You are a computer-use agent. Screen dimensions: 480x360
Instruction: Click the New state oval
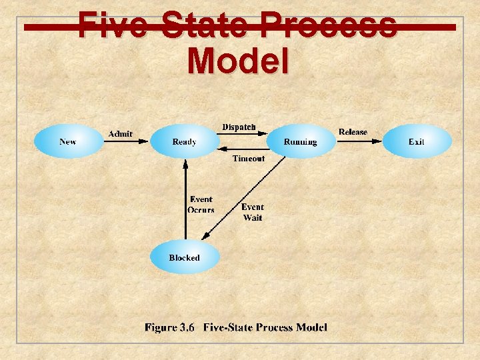coord(67,141)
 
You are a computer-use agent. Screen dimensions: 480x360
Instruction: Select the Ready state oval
coord(185,141)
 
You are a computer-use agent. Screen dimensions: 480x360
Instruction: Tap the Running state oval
coord(300,141)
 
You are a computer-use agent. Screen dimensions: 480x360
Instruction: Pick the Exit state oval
coord(417,141)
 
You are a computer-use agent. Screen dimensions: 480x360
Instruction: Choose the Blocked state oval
coord(184,258)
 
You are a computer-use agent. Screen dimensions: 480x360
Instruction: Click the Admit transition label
coord(121,134)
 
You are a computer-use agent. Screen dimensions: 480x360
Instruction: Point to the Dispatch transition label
coord(239,127)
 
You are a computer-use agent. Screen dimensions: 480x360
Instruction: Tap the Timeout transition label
coord(248,159)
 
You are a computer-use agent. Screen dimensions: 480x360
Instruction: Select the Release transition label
coord(353,132)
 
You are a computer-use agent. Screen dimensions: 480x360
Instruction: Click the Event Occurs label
coord(201,205)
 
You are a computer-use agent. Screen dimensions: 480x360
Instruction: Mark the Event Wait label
coord(253,212)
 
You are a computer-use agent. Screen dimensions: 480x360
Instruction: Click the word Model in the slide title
coord(239,61)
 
